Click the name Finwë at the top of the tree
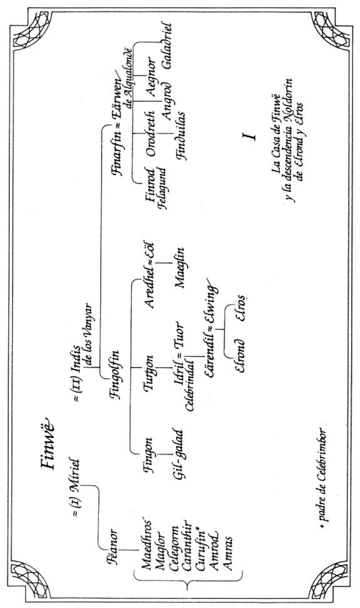[48, 443]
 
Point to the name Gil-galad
[180, 454]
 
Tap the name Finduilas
[180, 136]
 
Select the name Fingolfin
[115, 374]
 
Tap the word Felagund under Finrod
[163, 188]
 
